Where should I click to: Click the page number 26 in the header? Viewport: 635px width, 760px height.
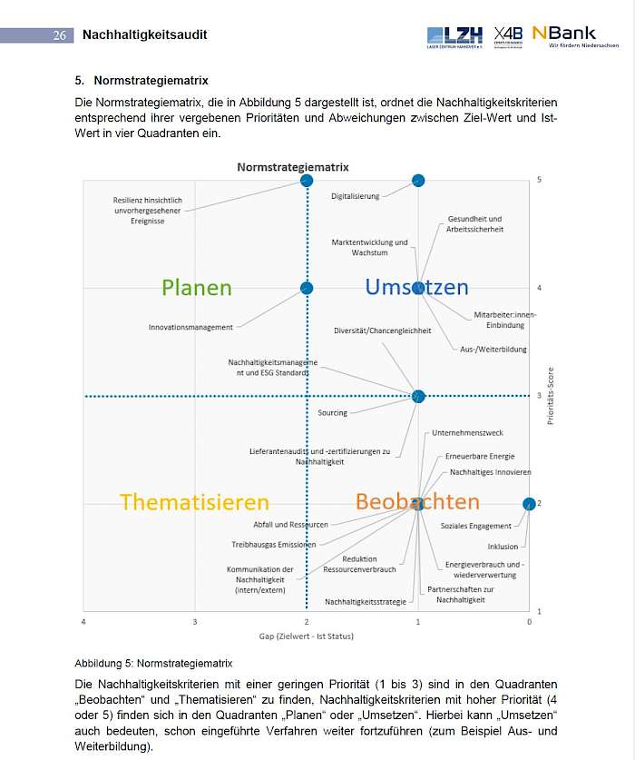60,35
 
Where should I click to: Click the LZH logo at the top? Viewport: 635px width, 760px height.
456,35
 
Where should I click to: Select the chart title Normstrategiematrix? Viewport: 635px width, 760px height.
293,167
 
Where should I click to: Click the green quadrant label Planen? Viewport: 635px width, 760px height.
197,288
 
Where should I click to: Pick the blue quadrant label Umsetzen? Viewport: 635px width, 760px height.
416,287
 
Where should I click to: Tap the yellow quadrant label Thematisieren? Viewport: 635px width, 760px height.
194,502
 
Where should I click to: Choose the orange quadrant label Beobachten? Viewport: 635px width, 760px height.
417,501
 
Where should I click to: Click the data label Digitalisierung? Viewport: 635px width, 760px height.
356,196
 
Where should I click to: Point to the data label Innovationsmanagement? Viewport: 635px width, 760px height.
190,327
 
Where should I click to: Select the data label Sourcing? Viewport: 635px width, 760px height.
332,413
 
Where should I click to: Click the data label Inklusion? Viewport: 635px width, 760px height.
503,547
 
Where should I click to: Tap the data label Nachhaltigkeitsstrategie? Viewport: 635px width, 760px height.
366,602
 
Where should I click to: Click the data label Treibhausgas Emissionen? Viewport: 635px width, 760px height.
274,545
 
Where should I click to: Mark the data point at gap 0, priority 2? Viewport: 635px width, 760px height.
529,504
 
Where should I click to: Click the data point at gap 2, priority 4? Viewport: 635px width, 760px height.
307,288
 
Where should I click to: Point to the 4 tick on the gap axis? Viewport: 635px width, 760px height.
84,621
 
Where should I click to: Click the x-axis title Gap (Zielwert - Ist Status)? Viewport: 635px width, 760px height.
306,636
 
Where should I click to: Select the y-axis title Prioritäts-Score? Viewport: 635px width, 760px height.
551,396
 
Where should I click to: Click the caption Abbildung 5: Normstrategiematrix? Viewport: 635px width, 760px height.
153,663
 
